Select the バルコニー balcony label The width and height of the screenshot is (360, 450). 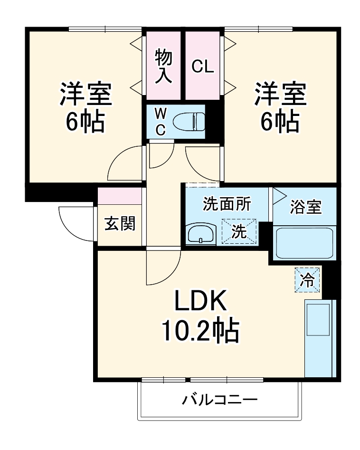tap(220, 400)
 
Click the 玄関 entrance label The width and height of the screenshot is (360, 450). tap(120, 223)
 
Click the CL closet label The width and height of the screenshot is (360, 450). tap(203, 67)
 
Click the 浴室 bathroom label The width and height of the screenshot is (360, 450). tap(306, 207)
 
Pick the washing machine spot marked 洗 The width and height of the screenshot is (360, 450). tap(239, 232)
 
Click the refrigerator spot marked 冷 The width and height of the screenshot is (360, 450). tap(308, 280)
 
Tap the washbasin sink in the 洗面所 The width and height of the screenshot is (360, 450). tap(201, 234)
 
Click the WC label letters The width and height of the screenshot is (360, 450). tap(161, 122)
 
